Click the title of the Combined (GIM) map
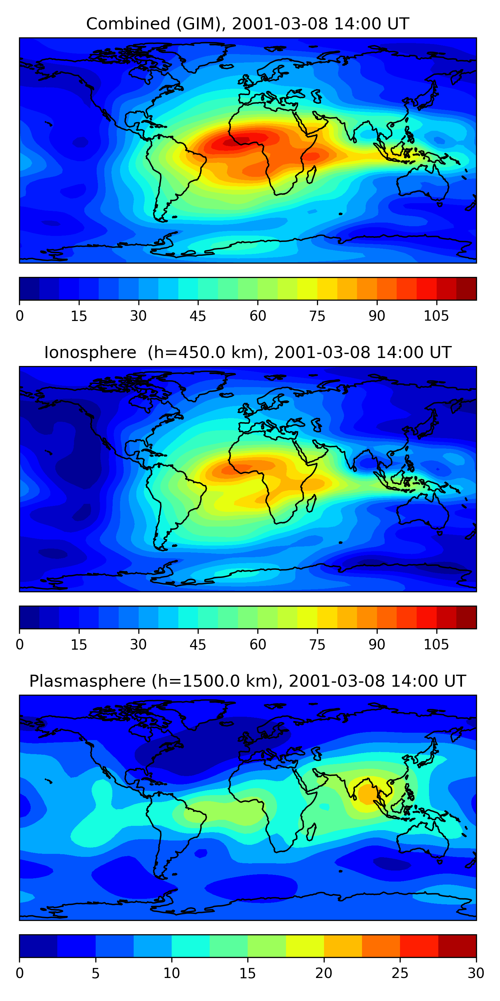point(247,24)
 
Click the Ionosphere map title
point(247,352)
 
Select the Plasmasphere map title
point(247,681)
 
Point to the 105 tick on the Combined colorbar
point(436,316)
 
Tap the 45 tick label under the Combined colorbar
point(198,316)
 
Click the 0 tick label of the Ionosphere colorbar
point(20,645)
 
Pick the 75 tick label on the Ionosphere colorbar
point(317,645)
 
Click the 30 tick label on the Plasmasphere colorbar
point(476,973)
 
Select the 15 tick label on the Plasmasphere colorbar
point(247,973)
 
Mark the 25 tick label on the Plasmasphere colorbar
point(400,973)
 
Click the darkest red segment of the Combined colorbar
point(466,289)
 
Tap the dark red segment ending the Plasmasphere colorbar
point(457,946)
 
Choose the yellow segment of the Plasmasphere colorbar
point(305,946)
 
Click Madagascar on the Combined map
point(311,175)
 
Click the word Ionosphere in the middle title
point(90,352)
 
